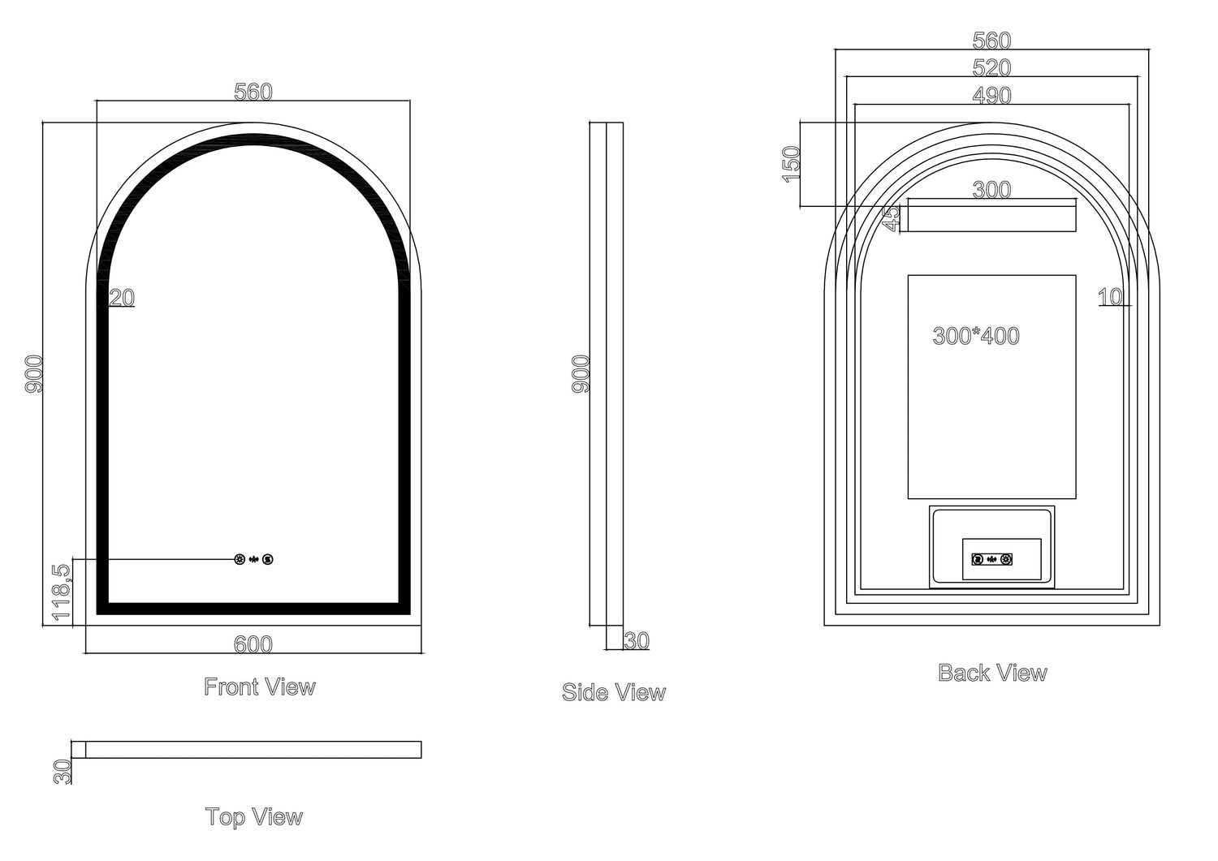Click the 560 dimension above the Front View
(253, 93)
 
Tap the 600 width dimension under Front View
(253, 644)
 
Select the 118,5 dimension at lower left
(63, 593)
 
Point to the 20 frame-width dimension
(122, 298)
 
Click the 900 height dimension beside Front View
(35, 374)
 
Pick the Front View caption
(260, 687)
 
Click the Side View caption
(614, 692)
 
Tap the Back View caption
(992, 673)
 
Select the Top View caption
(254, 816)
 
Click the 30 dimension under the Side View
(637, 641)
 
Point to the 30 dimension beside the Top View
(63, 771)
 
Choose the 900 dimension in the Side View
(581, 374)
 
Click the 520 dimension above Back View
(992, 67)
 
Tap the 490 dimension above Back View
(992, 96)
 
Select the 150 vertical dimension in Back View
(792, 164)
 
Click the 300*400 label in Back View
(976, 336)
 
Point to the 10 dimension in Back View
(1110, 298)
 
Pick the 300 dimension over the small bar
(992, 190)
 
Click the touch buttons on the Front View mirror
(254, 559)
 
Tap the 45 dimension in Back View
(891, 218)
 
